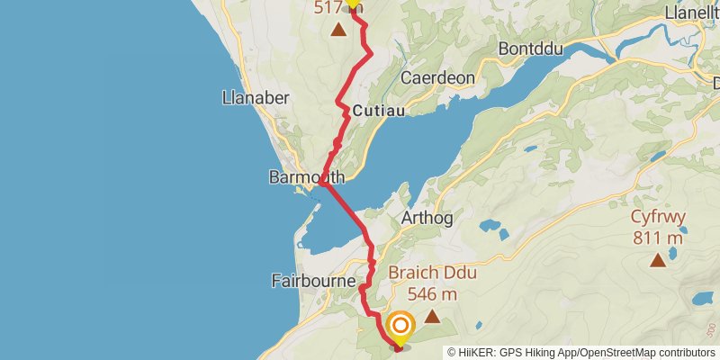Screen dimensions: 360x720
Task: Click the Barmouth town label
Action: [x=307, y=178]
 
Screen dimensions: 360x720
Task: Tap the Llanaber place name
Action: [x=256, y=98]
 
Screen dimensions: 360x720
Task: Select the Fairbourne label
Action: [x=314, y=281]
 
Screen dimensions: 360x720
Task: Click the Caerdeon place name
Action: [x=437, y=78]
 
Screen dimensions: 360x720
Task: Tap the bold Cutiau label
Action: [x=379, y=111]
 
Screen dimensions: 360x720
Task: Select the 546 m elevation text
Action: [x=432, y=293]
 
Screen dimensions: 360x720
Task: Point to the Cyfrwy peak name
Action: [x=657, y=218]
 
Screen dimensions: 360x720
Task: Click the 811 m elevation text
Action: [x=657, y=238]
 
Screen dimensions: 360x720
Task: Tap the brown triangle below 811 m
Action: [x=658, y=261]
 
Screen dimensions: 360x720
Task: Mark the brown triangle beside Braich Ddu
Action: [x=433, y=316]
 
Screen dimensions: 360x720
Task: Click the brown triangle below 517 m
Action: [x=338, y=31]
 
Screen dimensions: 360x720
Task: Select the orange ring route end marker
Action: [x=400, y=326]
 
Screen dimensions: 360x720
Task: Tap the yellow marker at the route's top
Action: [x=353, y=4]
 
